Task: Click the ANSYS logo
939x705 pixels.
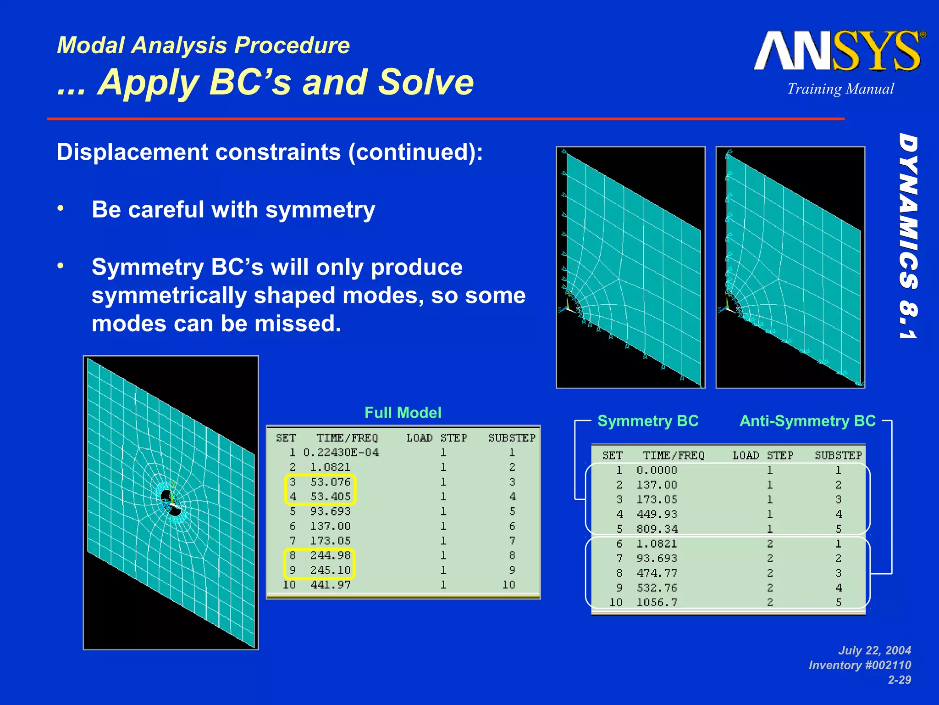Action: tap(839, 51)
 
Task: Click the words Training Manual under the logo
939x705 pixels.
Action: tap(840, 89)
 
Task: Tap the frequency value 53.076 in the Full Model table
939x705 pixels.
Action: tap(330, 482)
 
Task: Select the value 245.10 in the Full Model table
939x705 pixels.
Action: tap(330, 570)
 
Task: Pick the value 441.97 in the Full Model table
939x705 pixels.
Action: tap(330, 585)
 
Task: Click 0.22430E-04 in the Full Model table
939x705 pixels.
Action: tap(341, 453)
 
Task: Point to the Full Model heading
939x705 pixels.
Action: tap(403, 413)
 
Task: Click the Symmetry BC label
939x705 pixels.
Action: tap(648, 421)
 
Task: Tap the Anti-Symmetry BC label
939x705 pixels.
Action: tap(807, 421)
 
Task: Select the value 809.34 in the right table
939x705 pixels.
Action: tap(657, 529)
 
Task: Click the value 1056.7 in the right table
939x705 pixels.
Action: tap(657, 603)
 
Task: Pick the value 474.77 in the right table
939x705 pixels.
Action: tap(657, 573)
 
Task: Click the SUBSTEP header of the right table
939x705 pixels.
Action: tap(838, 456)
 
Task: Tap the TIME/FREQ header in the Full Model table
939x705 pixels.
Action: tap(347, 438)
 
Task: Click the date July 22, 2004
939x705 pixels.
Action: tap(874, 650)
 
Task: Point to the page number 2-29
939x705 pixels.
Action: tap(899, 680)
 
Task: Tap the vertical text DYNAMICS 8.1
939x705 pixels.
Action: tap(908, 236)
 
